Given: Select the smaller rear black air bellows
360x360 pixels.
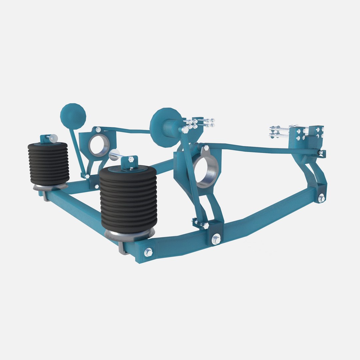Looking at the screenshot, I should (49, 163).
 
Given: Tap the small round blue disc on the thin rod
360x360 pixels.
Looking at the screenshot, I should (73, 116).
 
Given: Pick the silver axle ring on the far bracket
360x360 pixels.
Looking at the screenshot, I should (99, 145).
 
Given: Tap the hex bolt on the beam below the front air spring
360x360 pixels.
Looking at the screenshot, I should (148, 252).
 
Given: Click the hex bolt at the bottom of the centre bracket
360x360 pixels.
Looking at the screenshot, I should (216, 239).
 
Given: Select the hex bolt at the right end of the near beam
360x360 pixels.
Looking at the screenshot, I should (321, 199).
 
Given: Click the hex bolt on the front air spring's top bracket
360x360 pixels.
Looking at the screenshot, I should (131, 160).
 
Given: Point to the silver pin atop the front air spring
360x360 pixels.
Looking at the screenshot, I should (114, 155).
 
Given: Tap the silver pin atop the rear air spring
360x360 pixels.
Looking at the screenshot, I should (53, 137).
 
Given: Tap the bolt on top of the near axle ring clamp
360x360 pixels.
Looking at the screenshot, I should (206, 148).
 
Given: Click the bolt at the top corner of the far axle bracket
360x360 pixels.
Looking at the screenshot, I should (98, 129).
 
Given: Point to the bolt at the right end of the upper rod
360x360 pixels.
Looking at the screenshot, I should (321, 153).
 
